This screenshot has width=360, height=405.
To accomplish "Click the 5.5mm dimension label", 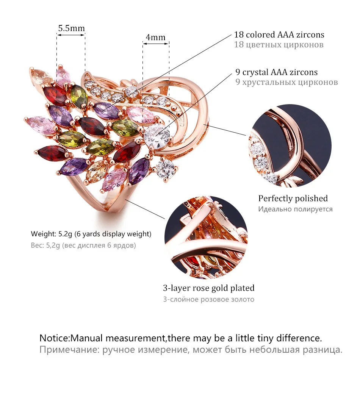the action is (x=71, y=28).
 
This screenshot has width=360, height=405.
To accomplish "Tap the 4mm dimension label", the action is (x=156, y=37).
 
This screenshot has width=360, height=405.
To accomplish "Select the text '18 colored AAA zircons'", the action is (x=279, y=35).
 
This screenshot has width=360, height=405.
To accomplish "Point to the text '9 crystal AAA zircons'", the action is (x=276, y=72).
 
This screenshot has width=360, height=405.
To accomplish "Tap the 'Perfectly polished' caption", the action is (x=293, y=199).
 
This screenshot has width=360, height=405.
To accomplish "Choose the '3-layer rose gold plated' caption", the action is (x=209, y=288).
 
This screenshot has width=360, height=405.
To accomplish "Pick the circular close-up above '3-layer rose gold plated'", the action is (x=206, y=238).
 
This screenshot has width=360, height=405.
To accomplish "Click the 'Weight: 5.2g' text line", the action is (x=91, y=234).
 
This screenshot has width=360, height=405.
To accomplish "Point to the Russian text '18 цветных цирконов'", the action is (x=279, y=45).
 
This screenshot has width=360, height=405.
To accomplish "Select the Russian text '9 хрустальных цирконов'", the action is (x=286, y=82).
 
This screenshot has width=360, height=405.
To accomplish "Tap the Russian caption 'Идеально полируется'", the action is (x=296, y=209).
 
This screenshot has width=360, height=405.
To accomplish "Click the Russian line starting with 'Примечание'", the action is (x=191, y=350).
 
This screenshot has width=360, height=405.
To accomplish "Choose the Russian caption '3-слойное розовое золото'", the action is (x=209, y=299).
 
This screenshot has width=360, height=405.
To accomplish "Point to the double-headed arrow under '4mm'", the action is (x=156, y=44).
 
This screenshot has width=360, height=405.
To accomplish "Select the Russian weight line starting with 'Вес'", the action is (x=83, y=245).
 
